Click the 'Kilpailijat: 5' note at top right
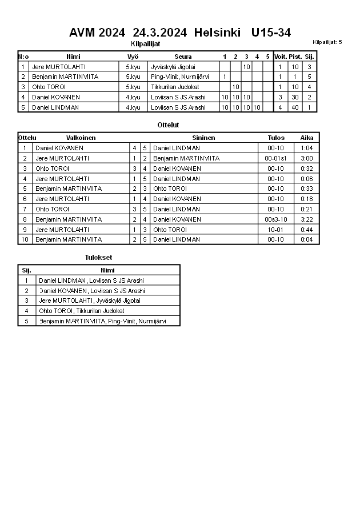point(327,42)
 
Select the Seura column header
point(183,57)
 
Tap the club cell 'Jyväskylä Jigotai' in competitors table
point(173,67)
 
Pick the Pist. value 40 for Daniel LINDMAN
point(295,107)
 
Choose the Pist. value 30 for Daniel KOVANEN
point(295,97)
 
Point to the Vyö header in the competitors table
point(133,57)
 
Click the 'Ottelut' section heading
point(168,124)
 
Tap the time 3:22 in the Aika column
point(306,219)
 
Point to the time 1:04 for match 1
point(306,148)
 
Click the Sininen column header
point(203,138)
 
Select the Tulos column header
point(275,138)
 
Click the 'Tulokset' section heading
point(98,258)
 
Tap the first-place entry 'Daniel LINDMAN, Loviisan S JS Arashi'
point(91,280)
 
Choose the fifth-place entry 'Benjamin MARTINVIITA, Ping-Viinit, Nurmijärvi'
point(102,321)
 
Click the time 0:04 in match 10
point(306,239)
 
